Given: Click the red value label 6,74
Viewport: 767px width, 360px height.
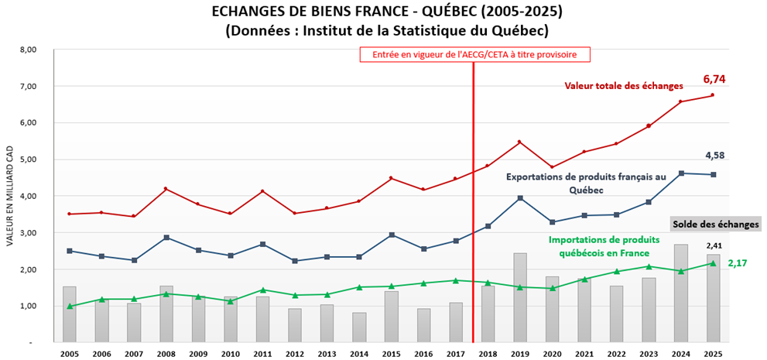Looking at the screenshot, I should coord(714,79).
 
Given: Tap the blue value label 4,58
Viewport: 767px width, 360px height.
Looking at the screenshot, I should coord(715,156).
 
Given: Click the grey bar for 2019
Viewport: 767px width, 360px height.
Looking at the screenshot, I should coord(520,297).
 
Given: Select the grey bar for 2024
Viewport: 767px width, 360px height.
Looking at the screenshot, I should coord(680,293).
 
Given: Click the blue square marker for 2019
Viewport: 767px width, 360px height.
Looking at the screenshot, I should coord(520,198).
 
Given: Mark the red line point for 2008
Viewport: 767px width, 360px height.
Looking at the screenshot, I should coord(166,189).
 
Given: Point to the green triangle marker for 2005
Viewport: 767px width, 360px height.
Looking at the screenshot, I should coord(70,307).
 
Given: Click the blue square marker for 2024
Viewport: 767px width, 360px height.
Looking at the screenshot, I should coord(680,173).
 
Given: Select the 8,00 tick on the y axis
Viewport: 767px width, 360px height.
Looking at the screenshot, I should coord(27,50).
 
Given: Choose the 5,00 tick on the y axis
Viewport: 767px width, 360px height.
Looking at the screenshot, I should coord(27,159).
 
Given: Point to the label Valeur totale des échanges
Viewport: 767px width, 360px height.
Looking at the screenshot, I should coord(624,85).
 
